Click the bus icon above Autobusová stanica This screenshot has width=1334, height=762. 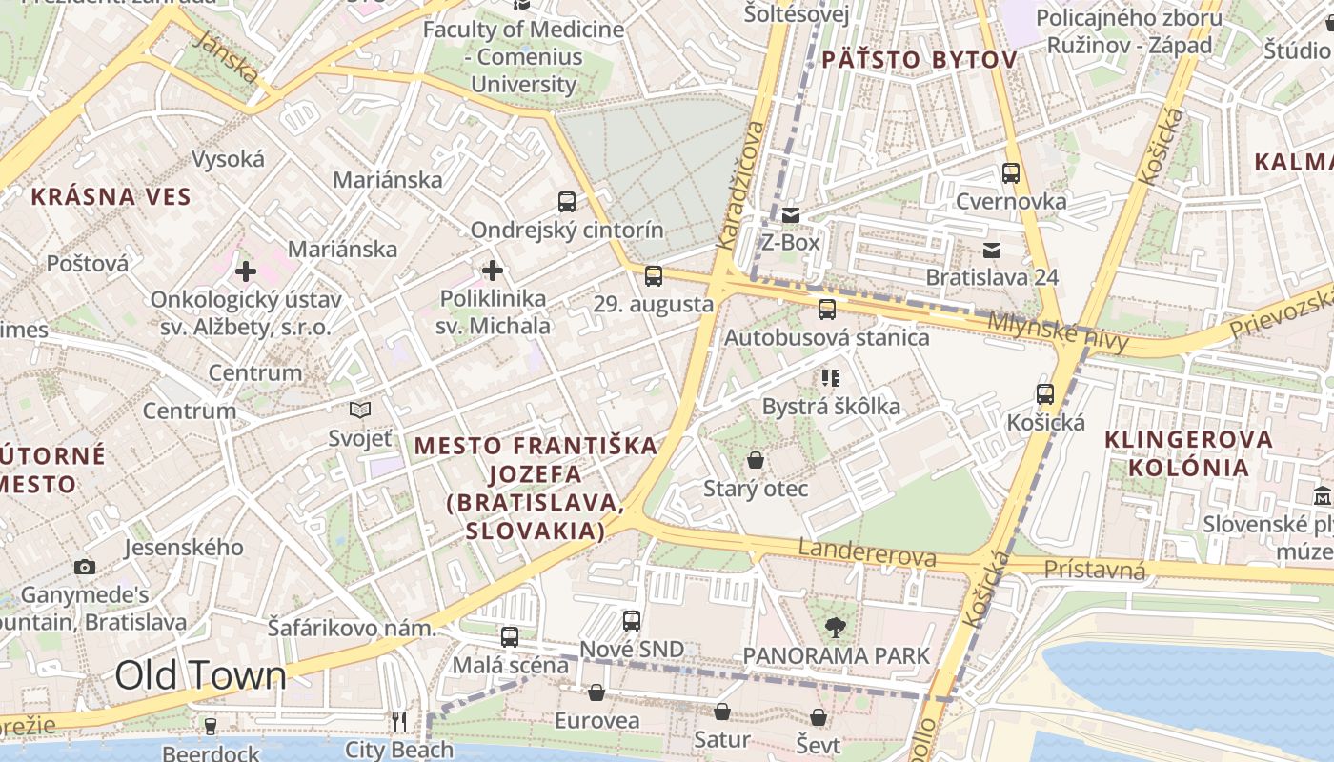tap(826, 310)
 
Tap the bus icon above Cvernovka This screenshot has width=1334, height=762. tap(1011, 173)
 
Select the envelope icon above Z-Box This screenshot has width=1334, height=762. tap(791, 215)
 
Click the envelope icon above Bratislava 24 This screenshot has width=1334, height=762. tap(992, 251)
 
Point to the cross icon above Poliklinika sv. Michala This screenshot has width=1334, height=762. tap(493, 271)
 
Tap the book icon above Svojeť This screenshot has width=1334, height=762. tap(360, 411)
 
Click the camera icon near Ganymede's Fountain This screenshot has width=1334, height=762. tap(85, 567)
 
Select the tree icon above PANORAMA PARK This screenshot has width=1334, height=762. tap(836, 628)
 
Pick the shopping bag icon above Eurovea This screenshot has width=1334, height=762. tap(596, 692)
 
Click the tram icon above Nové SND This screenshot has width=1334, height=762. tap(631, 621)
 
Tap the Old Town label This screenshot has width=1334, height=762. tap(200, 675)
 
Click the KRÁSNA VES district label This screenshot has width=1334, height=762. tap(111, 197)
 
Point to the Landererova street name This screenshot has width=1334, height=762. tap(867, 552)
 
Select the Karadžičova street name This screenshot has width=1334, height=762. tap(740, 186)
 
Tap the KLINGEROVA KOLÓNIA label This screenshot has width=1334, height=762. tap(1188, 453)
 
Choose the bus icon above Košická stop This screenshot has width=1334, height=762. tap(1045, 394)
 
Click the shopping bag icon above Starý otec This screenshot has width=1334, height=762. tap(756, 461)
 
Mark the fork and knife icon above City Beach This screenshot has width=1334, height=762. tap(399, 722)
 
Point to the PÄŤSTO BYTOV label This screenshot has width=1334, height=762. tap(919, 60)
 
